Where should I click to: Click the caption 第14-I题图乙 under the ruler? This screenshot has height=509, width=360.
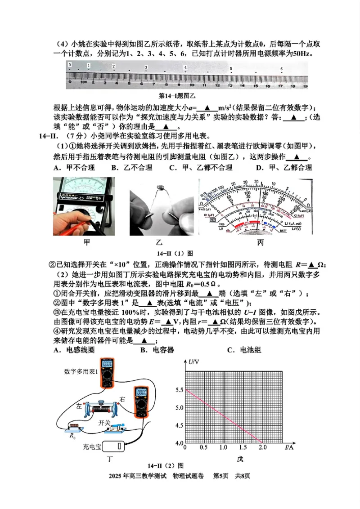pos(179,96)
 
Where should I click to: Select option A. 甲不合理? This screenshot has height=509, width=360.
pos(74,168)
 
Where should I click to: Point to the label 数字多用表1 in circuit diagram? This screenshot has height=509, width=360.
pos(81,371)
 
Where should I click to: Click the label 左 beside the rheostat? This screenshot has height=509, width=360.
pos(79,406)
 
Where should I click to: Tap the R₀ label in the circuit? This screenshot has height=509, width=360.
pos(72,436)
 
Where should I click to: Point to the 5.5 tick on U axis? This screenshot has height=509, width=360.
pos(179,390)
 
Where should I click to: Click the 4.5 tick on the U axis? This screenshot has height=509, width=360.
pos(179,425)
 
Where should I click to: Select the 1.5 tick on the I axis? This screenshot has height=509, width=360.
pos(243,448)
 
